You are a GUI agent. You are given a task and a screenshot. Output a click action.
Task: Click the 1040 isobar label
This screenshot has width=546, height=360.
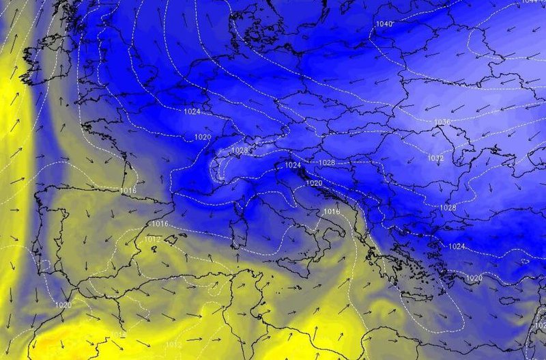pyautogui.click(x=384, y=24)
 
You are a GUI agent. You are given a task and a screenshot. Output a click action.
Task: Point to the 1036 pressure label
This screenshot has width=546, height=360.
pyautogui.click(x=442, y=122)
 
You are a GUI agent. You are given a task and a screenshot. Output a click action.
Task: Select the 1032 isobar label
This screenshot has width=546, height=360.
pyautogui.click(x=436, y=158)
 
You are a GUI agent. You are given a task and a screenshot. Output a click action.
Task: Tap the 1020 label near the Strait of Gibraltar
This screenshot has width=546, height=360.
pyautogui.click(x=63, y=305)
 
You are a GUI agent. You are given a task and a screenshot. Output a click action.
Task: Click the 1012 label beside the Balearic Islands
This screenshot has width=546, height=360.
pyautogui.click(x=153, y=240)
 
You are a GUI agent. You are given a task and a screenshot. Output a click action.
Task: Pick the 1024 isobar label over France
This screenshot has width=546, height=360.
pyautogui.click(x=192, y=111)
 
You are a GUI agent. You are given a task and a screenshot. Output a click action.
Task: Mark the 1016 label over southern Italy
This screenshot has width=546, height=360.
pyautogui.click(x=331, y=212)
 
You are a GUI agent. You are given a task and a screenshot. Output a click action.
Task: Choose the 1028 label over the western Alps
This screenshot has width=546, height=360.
pyautogui.click(x=240, y=150)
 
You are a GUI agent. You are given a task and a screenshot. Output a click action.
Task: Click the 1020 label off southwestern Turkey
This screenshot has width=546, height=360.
pyautogui.click(x=474, y=278)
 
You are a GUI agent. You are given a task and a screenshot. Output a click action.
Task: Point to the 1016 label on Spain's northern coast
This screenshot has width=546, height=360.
pyautogui.click(x=128, y=189)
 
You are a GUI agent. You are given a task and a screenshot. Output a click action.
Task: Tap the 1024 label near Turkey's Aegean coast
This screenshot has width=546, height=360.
pyautogui.click(x=457, y=246)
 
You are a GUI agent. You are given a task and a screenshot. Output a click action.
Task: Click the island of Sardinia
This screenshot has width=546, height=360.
pyautogui.click(x=239, y=233)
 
